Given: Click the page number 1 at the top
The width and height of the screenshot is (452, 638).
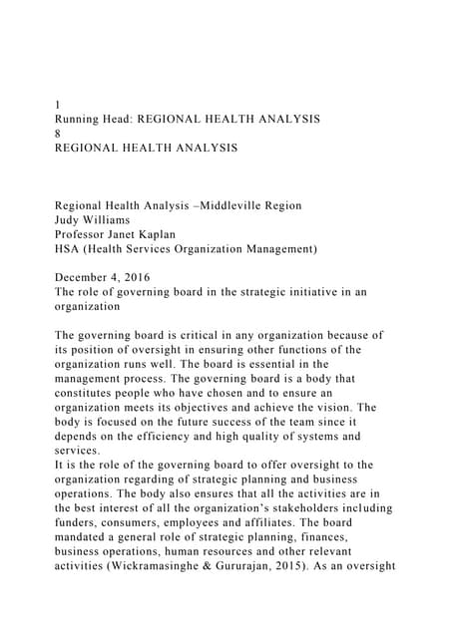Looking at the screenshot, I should (57, 104).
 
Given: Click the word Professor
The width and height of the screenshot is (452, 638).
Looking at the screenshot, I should (85, 235).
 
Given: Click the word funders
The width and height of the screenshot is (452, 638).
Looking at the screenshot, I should (81, 523).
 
